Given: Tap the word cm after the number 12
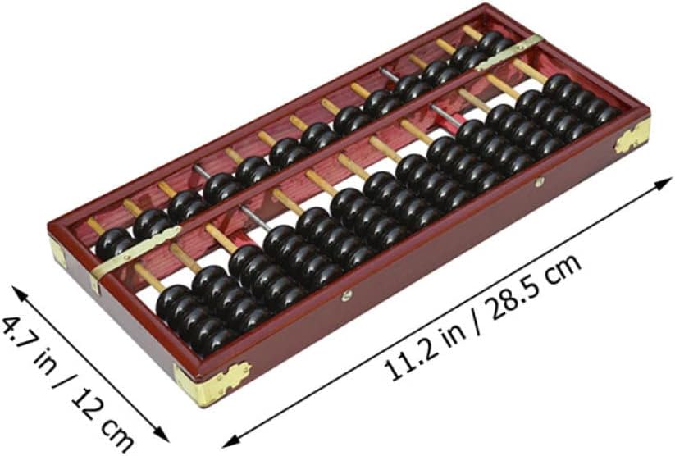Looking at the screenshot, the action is pos(116,432).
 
